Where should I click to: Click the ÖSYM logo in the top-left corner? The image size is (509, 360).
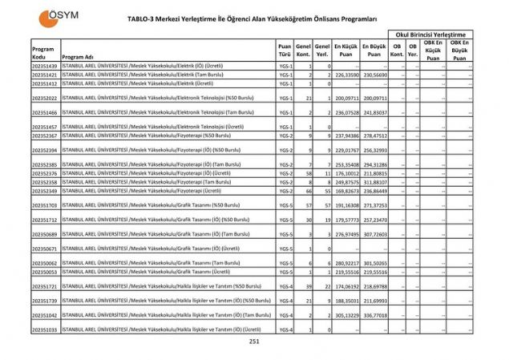[55, 14]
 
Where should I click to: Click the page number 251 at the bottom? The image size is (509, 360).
[254, 342]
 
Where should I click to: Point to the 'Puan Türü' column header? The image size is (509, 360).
[285, 50]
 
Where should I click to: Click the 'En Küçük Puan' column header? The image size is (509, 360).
[345, 50]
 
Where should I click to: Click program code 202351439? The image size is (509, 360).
[45, 65]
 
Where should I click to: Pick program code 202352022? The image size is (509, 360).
[45, 97]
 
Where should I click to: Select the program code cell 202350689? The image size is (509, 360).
[45, 233]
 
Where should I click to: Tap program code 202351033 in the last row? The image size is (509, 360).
[45, 329]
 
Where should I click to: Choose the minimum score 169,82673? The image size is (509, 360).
[345, 191]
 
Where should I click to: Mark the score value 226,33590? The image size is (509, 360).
[345, 75]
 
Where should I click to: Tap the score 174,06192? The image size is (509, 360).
[345, 286]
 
